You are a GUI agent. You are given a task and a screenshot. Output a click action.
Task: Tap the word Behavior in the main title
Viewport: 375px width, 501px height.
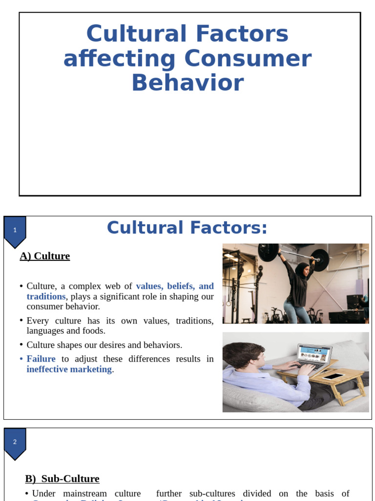(187, 82)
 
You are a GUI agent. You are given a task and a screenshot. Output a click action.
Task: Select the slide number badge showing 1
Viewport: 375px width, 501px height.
(15, 230)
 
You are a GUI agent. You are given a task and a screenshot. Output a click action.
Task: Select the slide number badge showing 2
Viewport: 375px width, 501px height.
(15, 442)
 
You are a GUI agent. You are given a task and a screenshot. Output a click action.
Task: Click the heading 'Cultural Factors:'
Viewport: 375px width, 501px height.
(187, 228)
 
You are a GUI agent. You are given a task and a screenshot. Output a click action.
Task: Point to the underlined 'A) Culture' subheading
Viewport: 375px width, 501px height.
(45, 256)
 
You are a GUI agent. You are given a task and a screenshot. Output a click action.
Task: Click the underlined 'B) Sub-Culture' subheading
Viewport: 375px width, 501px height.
(62, 478)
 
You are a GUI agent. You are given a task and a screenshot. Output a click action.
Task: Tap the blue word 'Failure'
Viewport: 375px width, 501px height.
(41, 359)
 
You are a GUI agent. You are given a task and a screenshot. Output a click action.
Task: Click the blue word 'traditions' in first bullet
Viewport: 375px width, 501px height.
(46, 296)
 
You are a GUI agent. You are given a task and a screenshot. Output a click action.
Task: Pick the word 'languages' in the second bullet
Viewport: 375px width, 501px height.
(45, 331)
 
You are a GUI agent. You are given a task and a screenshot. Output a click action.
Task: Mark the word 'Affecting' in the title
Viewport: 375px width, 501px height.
(119, 59)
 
